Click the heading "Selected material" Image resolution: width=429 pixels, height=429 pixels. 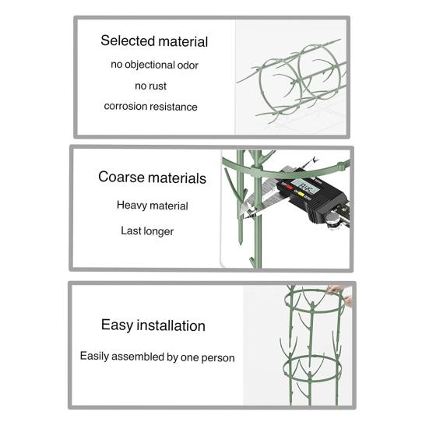click(x=154, y=41)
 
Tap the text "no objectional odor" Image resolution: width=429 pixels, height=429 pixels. click(x=154, y=65)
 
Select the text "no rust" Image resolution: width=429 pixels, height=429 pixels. click(x=150, y=86)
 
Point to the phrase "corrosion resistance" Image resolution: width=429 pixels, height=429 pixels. click(x=150, y=107)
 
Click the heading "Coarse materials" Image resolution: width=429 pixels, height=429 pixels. click(x=152, y=178)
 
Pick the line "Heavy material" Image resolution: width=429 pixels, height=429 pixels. click(x=152, y=206)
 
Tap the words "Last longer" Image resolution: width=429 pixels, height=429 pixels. click(x=147, y=231)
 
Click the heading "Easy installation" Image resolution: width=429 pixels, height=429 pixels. click(x=153, y=325)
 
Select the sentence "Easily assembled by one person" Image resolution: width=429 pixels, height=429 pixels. click(x=157, y=357)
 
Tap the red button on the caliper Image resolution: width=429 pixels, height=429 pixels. click(x=289, y=187)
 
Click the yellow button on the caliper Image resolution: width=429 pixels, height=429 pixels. click(x=301, y=195)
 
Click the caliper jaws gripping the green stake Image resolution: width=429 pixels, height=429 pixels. click(x=251, y=208)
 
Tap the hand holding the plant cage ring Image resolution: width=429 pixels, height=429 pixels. click(x=340, y=295)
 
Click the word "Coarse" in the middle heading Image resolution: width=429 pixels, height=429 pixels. click(x=121, y=177)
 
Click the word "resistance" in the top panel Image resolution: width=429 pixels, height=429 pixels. click(x=175, y=107)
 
